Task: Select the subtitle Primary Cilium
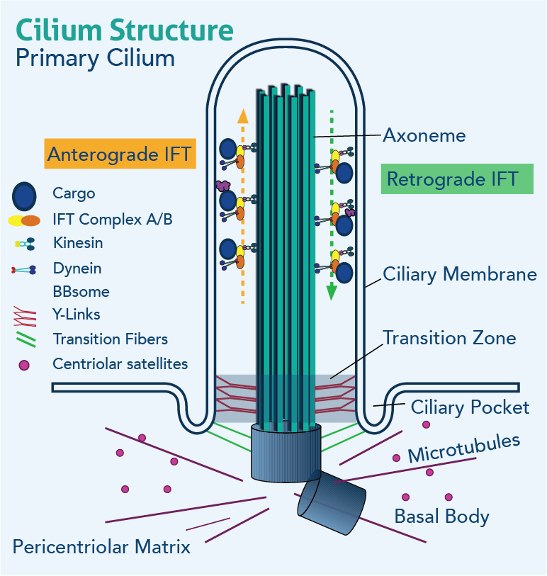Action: [x=95, y=58]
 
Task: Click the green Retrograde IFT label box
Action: [x=452, y=179]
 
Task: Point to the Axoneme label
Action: [x=424, y=135]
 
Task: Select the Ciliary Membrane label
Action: [x=459, y=274]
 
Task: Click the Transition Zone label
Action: [x=449, y=337]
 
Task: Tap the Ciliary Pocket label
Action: [x=470, y=407]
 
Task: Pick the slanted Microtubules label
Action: [x=464, y=448]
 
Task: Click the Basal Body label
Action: [x=441, y=516]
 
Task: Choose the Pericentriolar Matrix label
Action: [x=101, y=547]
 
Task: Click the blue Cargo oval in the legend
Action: [x=24, y=195]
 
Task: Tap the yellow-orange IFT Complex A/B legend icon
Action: [x=24, y=220]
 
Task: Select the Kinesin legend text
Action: [x=78, y=243]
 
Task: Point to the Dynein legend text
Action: [x=77, y=269]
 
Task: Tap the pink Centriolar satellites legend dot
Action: [x=24, y=366]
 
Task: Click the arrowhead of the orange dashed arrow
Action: [x=242, y=115]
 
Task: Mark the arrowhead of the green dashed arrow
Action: [x=330, y=292]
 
